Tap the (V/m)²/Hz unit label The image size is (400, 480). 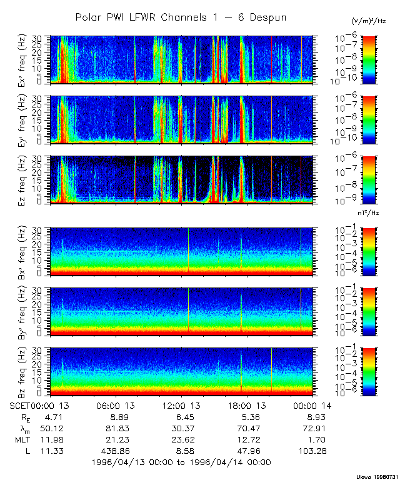(370, 21)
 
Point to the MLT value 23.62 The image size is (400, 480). (181, 439)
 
